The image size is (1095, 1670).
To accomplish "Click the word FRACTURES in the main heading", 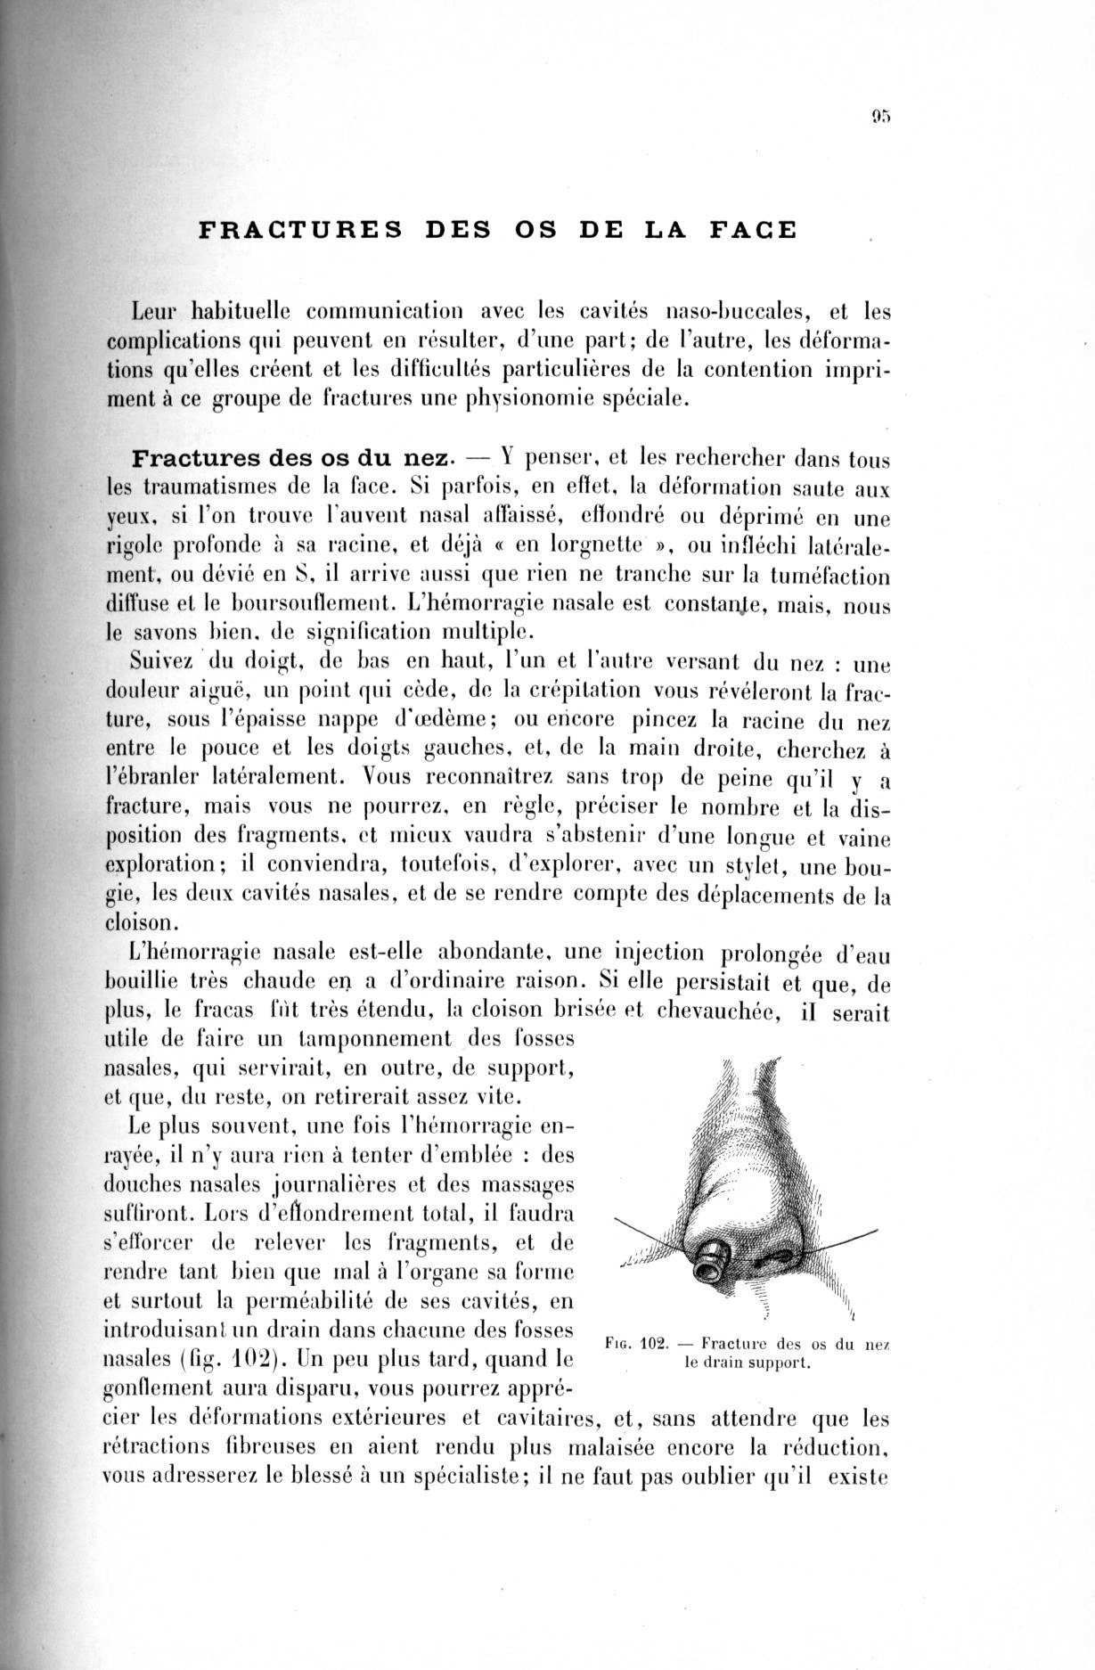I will [300, 230].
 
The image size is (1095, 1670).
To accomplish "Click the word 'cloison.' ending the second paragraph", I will [143, 923].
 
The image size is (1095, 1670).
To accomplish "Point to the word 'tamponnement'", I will [377, 1040].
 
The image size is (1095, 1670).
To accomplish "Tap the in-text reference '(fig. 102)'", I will [228, 1363].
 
